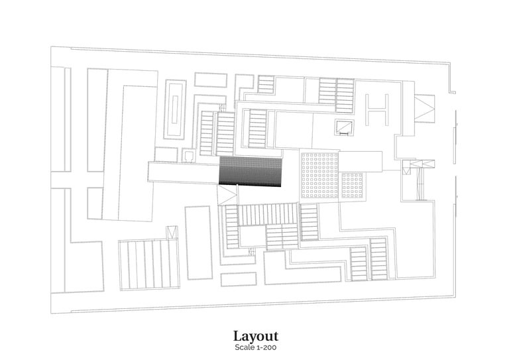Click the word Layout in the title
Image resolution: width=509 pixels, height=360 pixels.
(255, 336)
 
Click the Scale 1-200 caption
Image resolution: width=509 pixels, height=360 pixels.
(255, 347)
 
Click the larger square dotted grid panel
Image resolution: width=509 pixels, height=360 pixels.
(319, 175)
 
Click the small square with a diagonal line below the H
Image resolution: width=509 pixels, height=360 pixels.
(345, 128)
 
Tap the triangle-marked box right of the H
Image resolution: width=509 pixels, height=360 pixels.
(424, 108)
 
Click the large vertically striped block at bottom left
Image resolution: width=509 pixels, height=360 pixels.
(148, 265)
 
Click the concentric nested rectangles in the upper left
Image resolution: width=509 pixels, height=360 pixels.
(175, 109)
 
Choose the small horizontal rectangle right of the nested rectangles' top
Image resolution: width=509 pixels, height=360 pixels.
(210, 80)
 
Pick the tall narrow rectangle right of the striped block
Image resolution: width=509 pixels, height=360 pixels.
(198, 243)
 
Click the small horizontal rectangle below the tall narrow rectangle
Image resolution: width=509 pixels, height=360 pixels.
(238, 278)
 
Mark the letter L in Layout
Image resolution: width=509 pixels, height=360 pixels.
(237, 336)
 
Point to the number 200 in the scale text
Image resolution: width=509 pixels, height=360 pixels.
(270, 347)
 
